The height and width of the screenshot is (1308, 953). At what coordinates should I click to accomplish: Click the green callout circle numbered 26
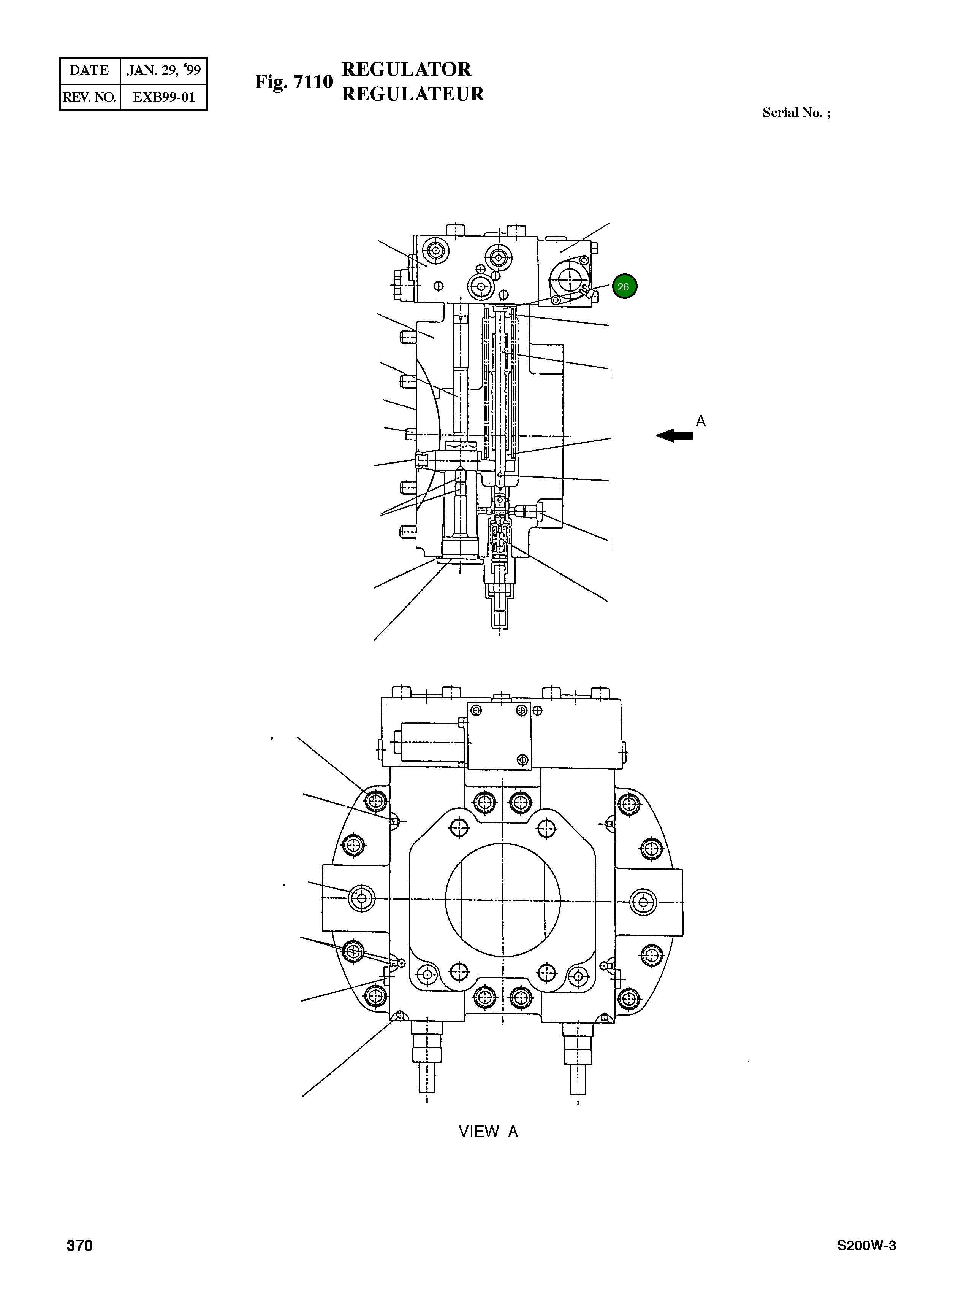click(624, 286)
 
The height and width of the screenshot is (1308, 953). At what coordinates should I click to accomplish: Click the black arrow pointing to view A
click(675, 435)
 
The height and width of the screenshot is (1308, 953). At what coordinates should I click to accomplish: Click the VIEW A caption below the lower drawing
click(488, 1132)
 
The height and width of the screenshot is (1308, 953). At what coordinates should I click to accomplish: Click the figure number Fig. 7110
click(294, 82)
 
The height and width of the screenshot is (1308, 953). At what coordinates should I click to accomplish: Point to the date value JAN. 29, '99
click(164, 70)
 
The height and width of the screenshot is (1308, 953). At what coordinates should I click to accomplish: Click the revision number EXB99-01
click(164, 97)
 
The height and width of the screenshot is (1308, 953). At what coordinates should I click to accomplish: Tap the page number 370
click(80, 1246)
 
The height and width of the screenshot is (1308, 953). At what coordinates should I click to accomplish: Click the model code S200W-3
click(866, 1246)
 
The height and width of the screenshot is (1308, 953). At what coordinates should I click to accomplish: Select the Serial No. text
click(796, 113)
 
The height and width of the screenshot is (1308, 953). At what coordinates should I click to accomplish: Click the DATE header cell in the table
click(89, 70)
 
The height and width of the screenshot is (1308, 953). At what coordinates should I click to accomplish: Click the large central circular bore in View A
click(502, 900)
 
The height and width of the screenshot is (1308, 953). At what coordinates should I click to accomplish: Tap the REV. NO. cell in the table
click(89, 97)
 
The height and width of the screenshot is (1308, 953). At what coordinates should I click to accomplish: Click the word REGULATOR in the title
click(406, 69)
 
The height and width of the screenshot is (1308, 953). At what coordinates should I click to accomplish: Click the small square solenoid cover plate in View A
click(499, 736)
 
